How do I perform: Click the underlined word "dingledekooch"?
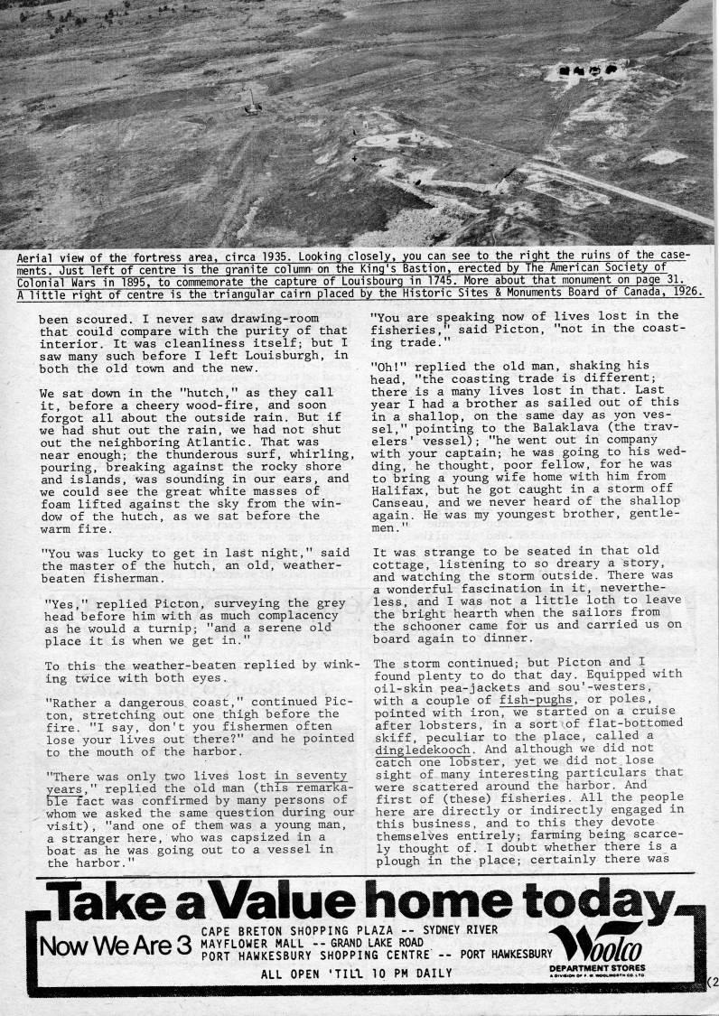pyautogui.click(x=425, y=748)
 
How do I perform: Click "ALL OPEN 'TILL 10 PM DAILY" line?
pyautogui.click(x=357, y=974)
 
